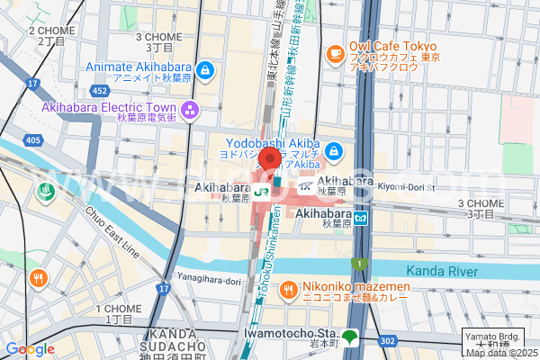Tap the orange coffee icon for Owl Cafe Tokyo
336,53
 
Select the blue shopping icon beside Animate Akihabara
206,68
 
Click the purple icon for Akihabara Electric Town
190,111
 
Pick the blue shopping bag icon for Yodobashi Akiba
334,151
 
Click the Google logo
30,349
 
